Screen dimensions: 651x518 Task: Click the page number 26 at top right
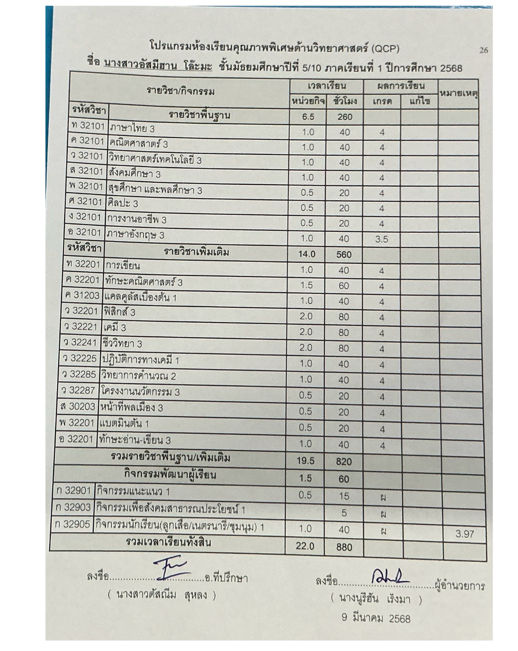tap(483, 50)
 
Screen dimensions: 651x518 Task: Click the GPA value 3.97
tap(464, 534)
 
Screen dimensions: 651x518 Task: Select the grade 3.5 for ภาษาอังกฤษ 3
tap(381, 239)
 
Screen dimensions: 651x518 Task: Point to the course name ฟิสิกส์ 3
tap(119, 312)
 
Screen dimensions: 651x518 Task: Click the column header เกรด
tap(382, 102)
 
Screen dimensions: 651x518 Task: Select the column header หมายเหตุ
tap(458, 93)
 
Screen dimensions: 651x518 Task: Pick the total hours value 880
tap(344, 547)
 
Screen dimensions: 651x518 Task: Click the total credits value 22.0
tap(305, 546)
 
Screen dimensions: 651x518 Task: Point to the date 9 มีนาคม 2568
tap(376, 618)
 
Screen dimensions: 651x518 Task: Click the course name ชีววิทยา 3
tap(122, 344)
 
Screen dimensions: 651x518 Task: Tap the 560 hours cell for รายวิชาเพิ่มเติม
tap(344, 255)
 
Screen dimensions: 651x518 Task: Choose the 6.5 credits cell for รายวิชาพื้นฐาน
tap(308, 117)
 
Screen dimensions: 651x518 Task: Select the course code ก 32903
tap(73, 507)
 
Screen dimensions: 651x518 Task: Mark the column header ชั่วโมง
tap(344, 101)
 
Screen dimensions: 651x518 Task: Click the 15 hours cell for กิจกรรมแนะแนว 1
tap(344, 496)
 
